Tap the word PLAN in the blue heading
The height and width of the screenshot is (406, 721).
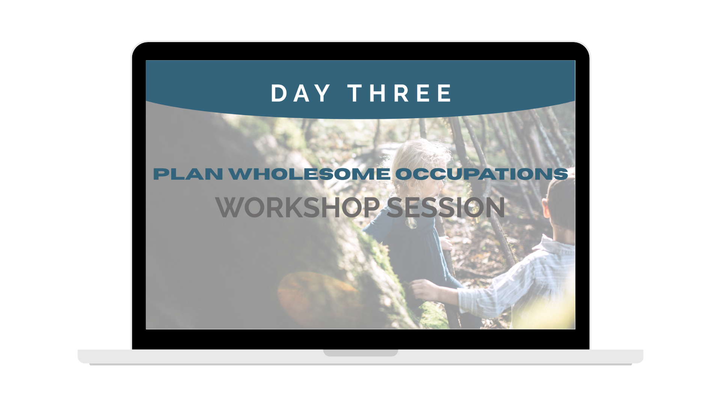(188, 174)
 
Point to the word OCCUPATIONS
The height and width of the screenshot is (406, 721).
(482, 174)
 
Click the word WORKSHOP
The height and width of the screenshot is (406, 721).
(298, 207)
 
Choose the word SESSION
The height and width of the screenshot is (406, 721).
(446, 207)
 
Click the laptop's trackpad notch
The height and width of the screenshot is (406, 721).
(360, 353)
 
